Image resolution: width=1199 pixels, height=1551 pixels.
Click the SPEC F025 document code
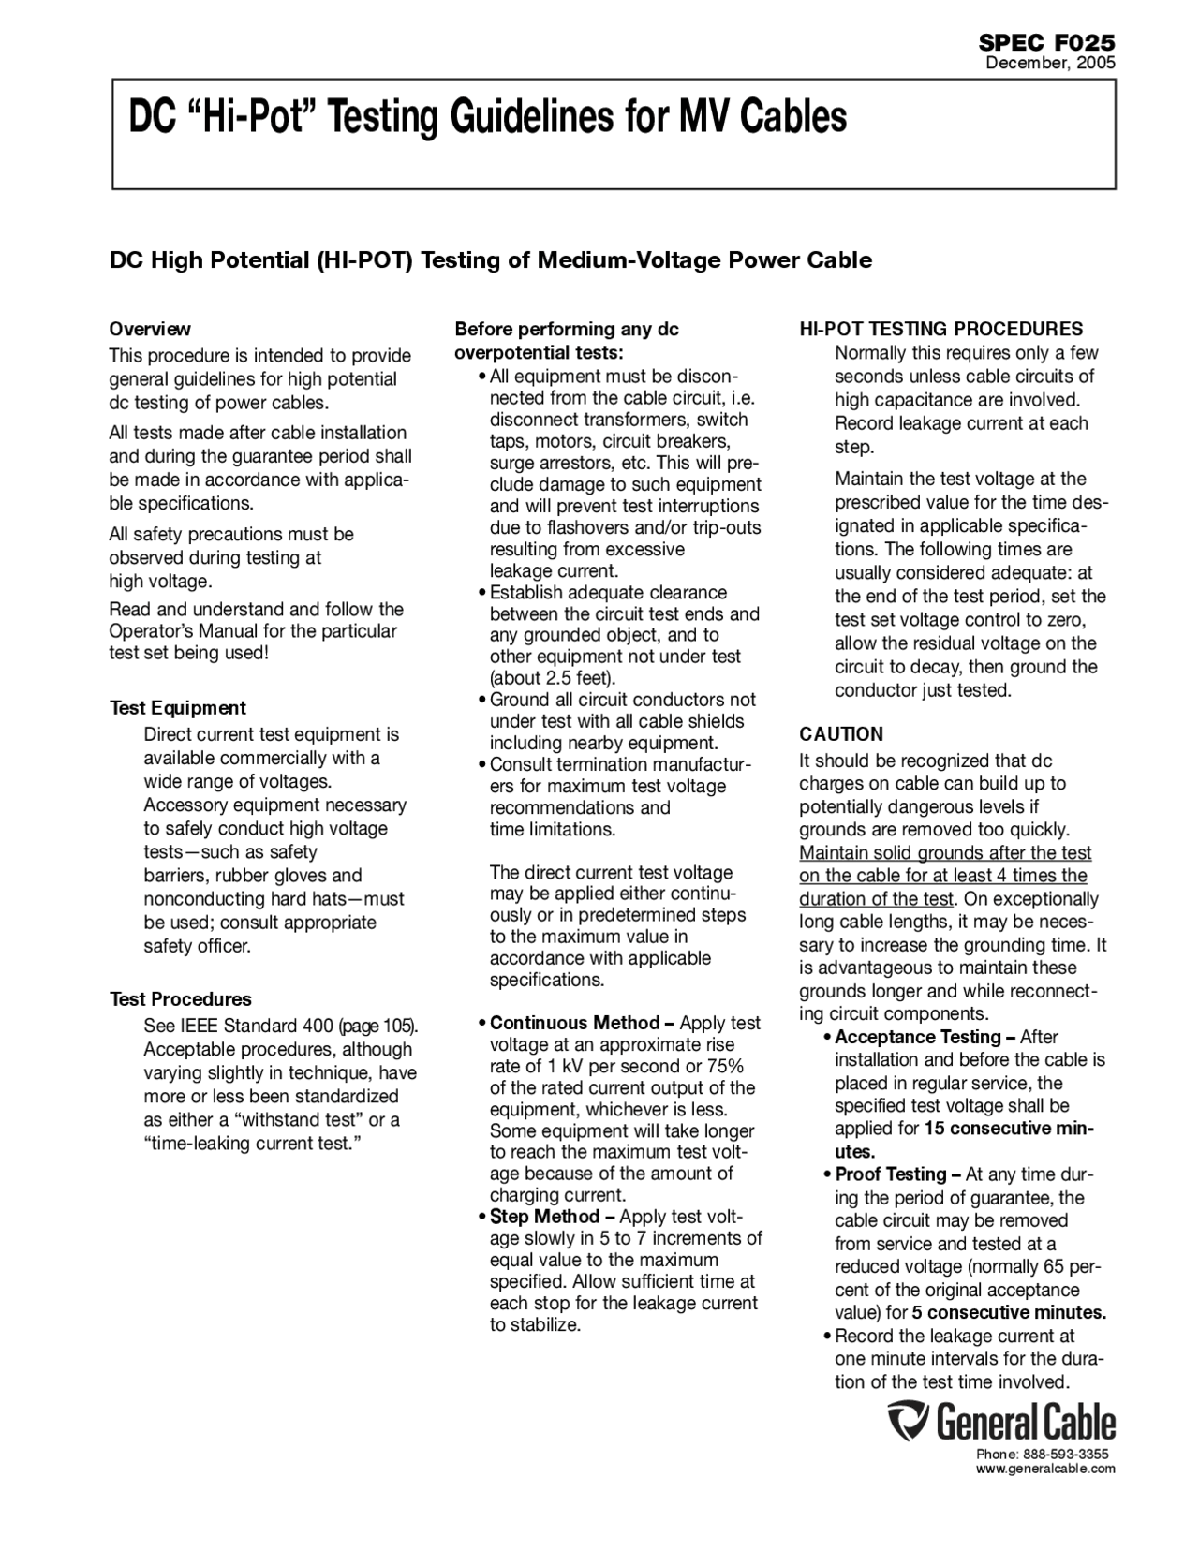[1046, 42]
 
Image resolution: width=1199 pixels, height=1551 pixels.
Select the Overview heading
[150, 329]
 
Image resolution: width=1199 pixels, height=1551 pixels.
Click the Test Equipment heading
[178, 708]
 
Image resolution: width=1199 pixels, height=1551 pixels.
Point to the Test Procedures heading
[181, 999]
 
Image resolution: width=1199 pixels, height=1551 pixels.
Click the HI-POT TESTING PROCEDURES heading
[940, 329]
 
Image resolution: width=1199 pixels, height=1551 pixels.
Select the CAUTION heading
[841, 734]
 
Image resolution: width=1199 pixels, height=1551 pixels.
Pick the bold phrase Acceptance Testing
[918, 1037]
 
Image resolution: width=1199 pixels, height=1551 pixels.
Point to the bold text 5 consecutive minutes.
[1009, 1313]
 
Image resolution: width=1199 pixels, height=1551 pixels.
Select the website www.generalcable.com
[1045, 1469]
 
